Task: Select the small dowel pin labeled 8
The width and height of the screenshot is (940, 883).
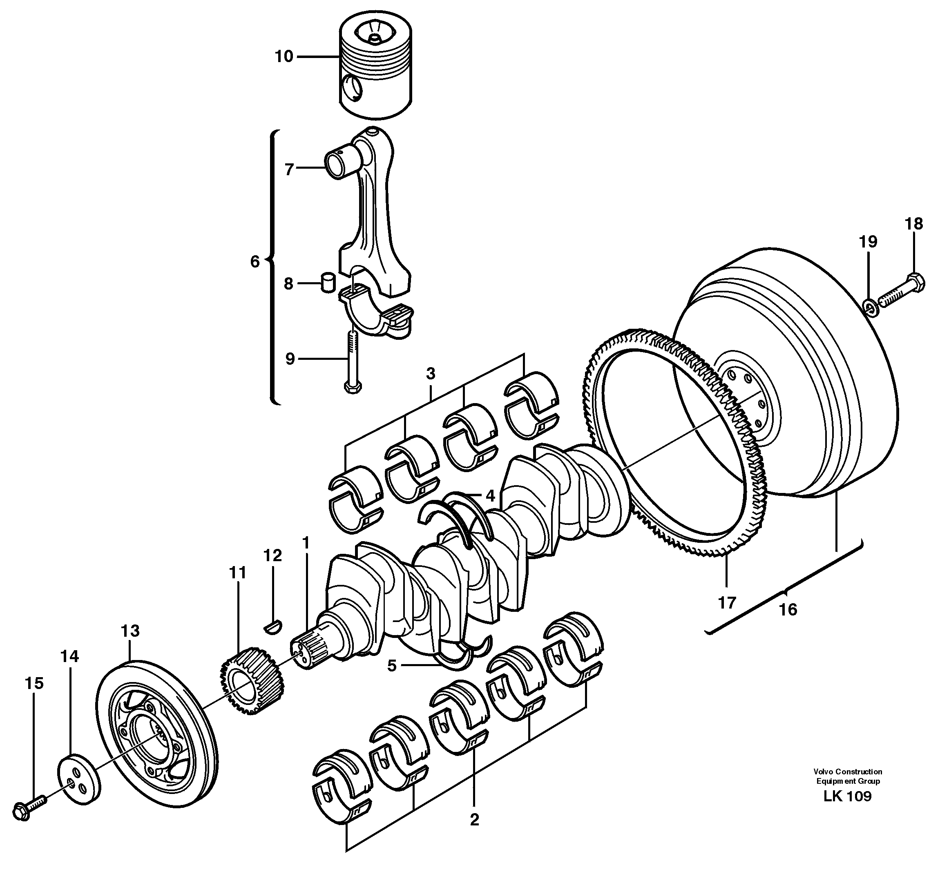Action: (x=328, y=283)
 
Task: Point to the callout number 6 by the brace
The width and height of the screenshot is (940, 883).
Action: (x=255, y=261)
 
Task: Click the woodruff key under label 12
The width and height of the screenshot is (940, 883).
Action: (x=272, y=627)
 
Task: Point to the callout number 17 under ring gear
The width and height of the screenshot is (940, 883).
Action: (x=727, y=603)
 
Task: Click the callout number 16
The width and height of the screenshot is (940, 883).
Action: (x=788, y=609)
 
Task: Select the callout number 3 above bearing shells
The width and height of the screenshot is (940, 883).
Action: (x=430, y=374)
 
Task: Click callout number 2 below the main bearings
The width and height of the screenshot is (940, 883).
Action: (x=474, y=819)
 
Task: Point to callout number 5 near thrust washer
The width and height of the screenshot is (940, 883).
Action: (x=391, y=666)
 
